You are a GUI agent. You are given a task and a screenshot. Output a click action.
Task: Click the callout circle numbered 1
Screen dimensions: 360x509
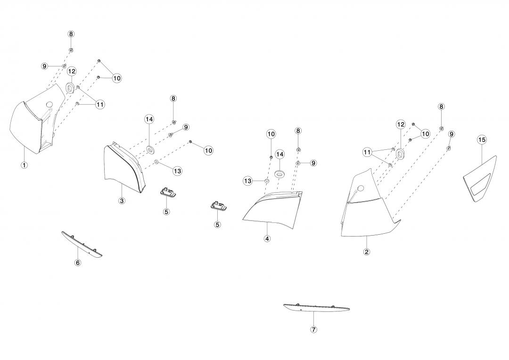click(x=24, y=165)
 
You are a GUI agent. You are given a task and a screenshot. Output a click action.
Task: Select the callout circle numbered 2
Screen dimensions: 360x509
click(x=367, y=252)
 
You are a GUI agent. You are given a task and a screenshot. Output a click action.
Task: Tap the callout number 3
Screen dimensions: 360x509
click(x=122, y=201)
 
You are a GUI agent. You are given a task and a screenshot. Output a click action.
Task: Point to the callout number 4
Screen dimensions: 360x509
click(x=267, y=238)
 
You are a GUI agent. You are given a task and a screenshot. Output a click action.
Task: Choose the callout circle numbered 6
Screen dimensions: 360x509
click(x=78, y=262)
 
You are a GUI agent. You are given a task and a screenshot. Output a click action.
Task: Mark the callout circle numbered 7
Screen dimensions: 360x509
click(x=314, y=329)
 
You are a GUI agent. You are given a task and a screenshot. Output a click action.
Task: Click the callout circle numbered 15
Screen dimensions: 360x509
click(x=482, y=139)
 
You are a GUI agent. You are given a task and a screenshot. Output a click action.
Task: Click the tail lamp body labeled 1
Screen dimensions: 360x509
click(x=28, y=125)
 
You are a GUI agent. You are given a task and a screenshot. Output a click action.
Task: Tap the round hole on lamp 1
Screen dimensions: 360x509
click(x=49, y=104)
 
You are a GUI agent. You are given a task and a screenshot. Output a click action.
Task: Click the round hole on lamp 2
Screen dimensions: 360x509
click(x=361, y=189)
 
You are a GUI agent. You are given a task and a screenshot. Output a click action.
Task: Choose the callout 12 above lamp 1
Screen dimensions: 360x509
click(x=72, y=72)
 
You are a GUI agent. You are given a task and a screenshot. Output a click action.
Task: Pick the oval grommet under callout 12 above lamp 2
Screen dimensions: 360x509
click(x=401, y=155)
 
